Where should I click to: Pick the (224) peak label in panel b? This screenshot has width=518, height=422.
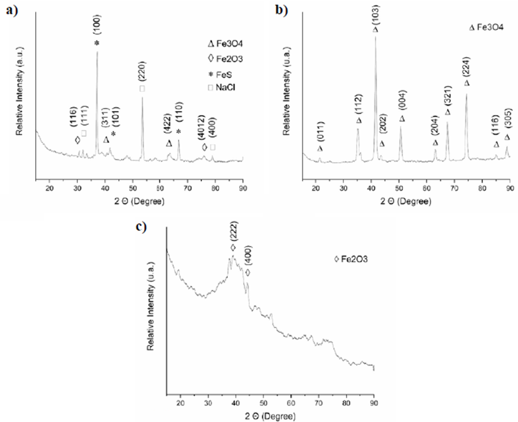click(x=466, y=67)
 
